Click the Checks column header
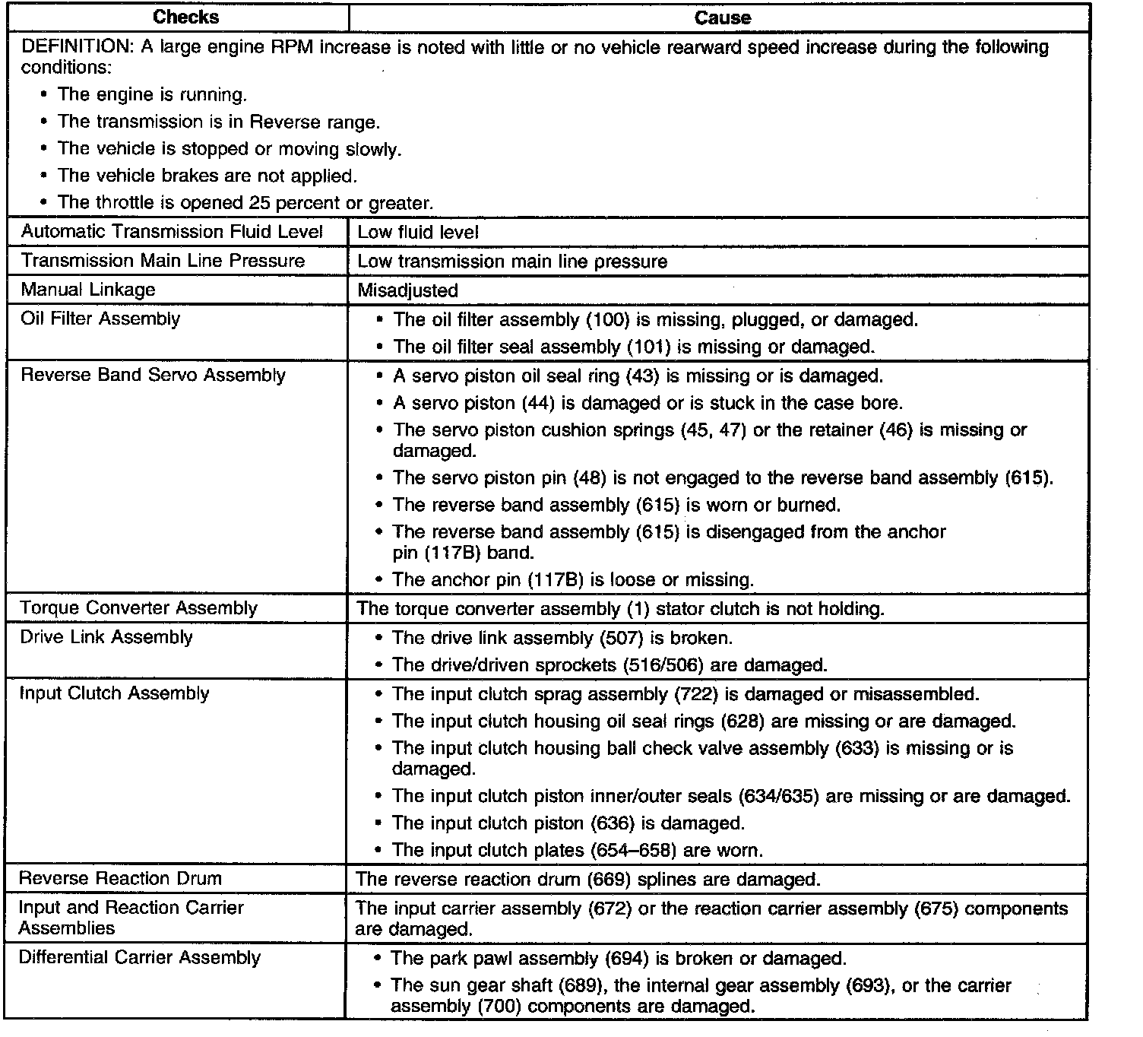pos(185,17)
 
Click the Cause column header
pos(722,17)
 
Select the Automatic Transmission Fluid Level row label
pos(173,232)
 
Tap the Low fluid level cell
pos(418,233)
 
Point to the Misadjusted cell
pos(407,290)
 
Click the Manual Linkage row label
pos(88,290)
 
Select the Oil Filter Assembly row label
pos(100,319)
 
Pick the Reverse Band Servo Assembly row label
pos(153,376)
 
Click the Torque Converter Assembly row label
pos(139,608)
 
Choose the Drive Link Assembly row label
pos(106,637)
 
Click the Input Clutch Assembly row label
pos(114,693)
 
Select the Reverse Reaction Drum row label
pos(121,879)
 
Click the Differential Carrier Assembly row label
pos(140,958)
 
